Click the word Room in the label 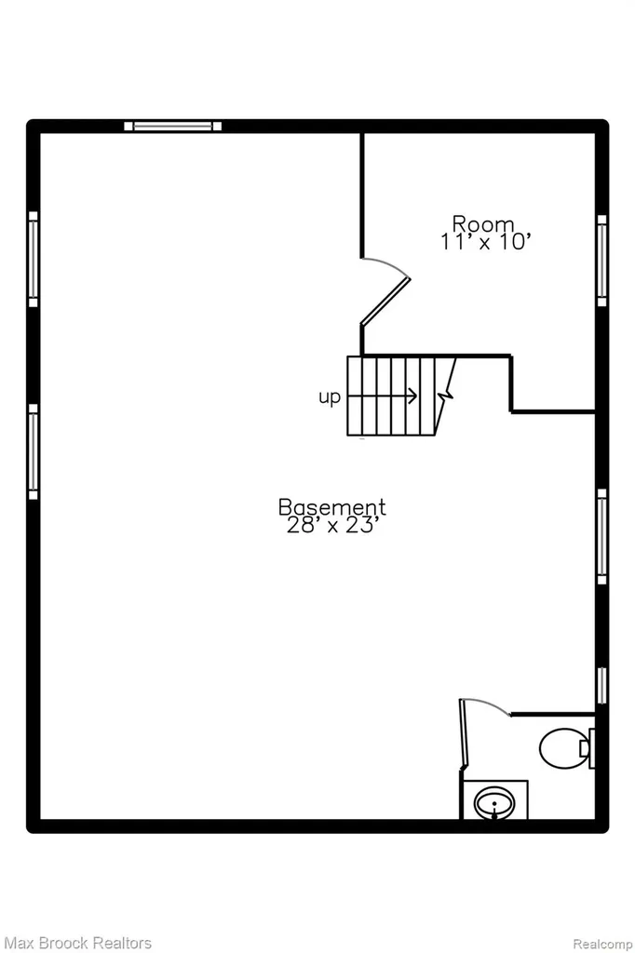(483, 223)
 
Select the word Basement (332, 506)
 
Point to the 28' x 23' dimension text (333, 525)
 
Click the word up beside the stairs (329, 397)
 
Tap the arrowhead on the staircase (413, 396)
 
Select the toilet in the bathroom (566, 747)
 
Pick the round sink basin (494, 803)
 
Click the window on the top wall (173, 126)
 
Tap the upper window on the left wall (33, 260)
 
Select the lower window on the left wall (33, 452)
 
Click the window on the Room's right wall (601, 261)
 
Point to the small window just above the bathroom (601, 686)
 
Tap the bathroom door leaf (463, 735)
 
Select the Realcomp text (602, 944)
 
